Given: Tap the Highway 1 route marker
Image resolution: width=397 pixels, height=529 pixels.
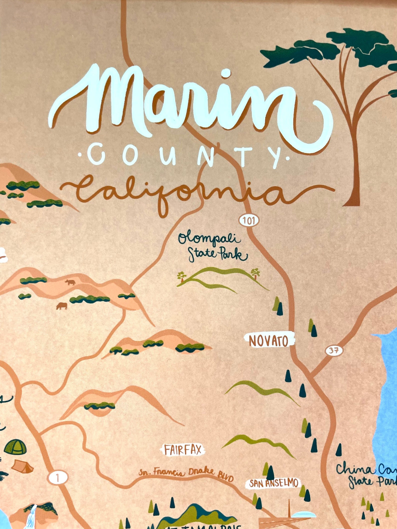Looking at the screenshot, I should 58,478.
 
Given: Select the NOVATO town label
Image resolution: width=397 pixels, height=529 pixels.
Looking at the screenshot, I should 269,341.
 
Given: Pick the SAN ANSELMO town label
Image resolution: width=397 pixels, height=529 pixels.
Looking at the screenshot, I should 273,483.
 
